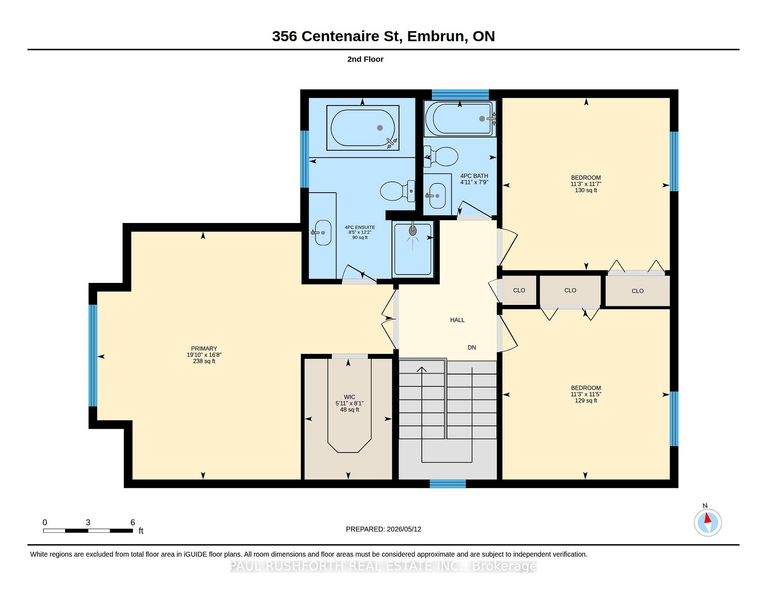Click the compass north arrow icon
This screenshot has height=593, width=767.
pyautogui.click(x=707, y=522)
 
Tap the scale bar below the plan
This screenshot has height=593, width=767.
pyautogui.click(x=88, y=531)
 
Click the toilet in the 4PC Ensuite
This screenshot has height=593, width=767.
pyautogui.click(x=397, y=191)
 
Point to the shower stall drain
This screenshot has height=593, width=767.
pyautogui.click(x=413, y=231)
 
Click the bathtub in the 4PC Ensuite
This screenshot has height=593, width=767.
pyautogui.click(x=363, y=128)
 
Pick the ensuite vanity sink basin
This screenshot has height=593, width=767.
pyautogui.click(x=323, y=233)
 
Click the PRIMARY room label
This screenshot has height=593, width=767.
pyautogui.click(x=204, y=348)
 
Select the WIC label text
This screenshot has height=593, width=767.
pyautogui.click(x=350, y=397)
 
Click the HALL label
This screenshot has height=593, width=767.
pyautogui.click(x=457, y=320)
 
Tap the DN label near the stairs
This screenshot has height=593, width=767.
pyautogui.click(x=472, y=347)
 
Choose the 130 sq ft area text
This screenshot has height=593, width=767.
pyautogui.click(x=586, y=190)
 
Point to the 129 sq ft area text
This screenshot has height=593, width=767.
pyautogui.click(x=586, y=400)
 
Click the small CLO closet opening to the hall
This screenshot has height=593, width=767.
pyautogui.click(x=519, y=291)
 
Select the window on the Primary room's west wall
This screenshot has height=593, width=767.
pyautogui.click(x=93, y=356)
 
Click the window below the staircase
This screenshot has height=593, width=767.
pyautogui.click(x=448, y=484)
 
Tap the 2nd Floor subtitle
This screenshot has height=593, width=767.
pyautogui.click(x=365, y=59)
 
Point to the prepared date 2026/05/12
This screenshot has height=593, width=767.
pyautogui.click(x=404, y=529)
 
